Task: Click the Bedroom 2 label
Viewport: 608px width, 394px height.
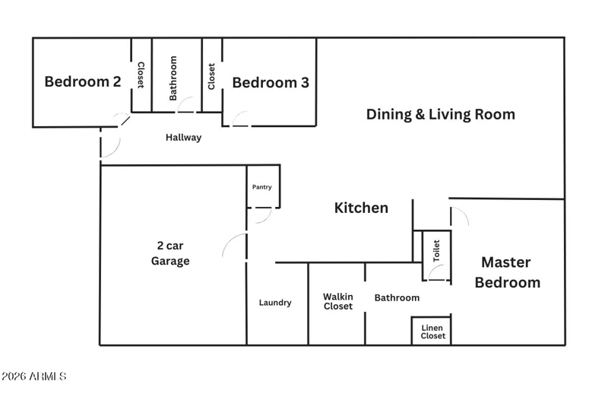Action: pyautogui.click(x=83, y=81)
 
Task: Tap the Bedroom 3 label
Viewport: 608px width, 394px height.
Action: pyautogui.click(x=271, y=83)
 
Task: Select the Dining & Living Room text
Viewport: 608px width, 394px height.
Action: pyautogui.click(x=441, y=114)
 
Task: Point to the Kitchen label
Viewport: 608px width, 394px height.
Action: pyautogui.click(x=361, y=208)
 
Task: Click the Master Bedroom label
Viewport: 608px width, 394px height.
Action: pyautogui.click(x=507, y=272)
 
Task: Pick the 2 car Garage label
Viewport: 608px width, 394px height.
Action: pyautogui.click(x=170, y=253)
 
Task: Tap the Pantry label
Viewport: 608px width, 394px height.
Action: pyautogui.click(x=261, y=187)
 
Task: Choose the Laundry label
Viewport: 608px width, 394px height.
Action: pyautogui.click(x=275, y=303)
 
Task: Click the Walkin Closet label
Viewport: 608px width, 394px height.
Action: pyautogui.click(x=338, y=301)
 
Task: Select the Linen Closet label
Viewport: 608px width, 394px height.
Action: pyautogui.click(x=432, y=332)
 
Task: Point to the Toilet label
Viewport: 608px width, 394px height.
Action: pyautogui.click(x=436, y=251)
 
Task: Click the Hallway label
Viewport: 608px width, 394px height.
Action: pyautogui.click(x=183, y=138)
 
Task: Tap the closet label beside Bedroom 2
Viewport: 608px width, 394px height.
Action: pyautogui.click(x=141, y=75)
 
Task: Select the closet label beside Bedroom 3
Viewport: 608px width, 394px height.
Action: pyautogui.click(x=211, y=77)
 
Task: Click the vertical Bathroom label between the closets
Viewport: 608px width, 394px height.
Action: pyautogui.click(x=173, y=78)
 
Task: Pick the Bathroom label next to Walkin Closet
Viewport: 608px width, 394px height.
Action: pyautogui.click(x=397, y=297)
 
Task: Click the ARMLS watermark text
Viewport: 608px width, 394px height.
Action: pyautogui.click(x=33, y=377)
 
